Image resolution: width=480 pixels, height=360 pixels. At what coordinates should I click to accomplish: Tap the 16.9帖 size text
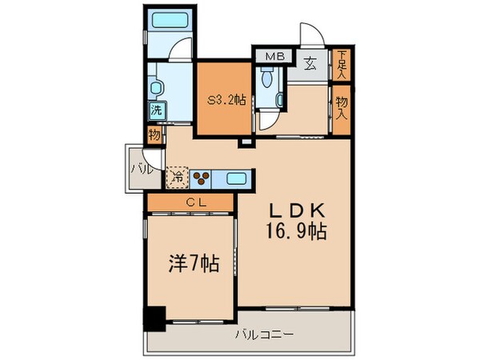tap(297, 233)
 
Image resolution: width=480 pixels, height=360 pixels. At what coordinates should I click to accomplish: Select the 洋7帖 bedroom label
tap(191, 262)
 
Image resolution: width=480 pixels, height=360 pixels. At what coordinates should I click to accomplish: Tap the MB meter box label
tap(275, 58)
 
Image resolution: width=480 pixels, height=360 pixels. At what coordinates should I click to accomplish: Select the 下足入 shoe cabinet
tap(342, 64)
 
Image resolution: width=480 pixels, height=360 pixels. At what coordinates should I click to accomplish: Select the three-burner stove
tap(202, 178)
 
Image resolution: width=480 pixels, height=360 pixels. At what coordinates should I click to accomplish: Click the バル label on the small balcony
tap(136, 169)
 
